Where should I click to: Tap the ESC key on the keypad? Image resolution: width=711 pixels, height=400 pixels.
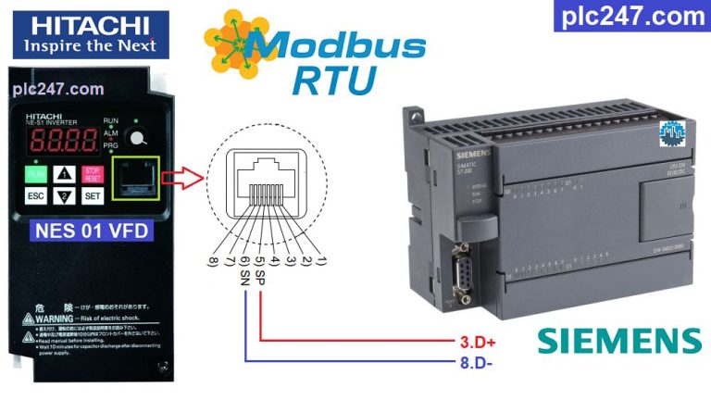pos(35,196)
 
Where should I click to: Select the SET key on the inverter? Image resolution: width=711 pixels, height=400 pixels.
pos(93,196)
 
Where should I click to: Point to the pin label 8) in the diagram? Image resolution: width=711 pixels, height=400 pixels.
pos(214,262)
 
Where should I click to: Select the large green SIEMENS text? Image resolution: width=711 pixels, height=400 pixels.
pos(619,340)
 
